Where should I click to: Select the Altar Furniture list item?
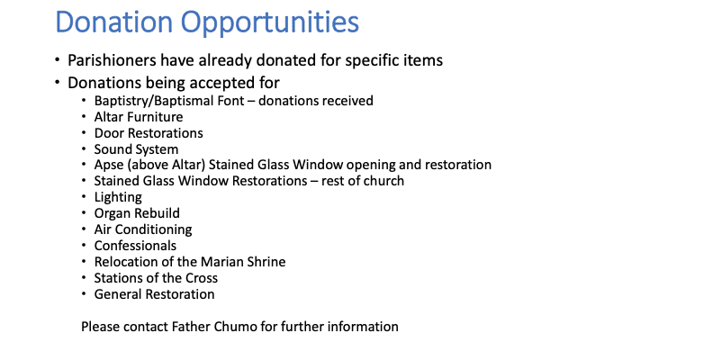click(x=139, y=117)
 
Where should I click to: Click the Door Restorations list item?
click(x=149, y=133)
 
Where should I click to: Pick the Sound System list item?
click(x=136, y=149)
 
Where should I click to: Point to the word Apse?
click(x=109, y=166)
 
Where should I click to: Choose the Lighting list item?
click(x=118, y=197)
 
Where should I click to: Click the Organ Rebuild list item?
click(x=137, y=213)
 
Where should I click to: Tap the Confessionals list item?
click(x=135, y=246)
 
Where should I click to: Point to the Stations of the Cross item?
click(x=156, y=278)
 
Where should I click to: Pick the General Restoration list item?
click(x=154, y=294)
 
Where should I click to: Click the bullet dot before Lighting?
click(x=85, y=197)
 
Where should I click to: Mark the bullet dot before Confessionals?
click(x=85, y=246)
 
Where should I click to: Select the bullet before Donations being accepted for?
click(x=57, y=82)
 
